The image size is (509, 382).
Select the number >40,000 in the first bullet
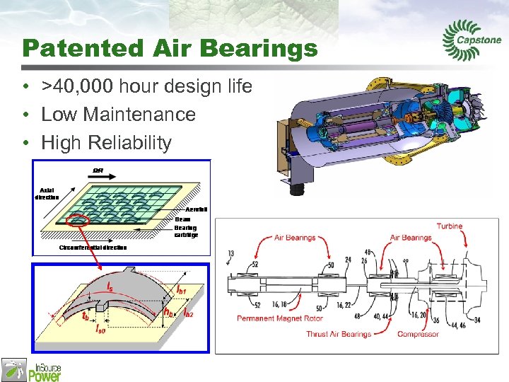pyautogui.click(x=78, y=87)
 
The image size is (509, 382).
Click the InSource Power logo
pyautogui.click(x=32, y=369)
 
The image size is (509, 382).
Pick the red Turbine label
pyautogui.click(x=449, y=226)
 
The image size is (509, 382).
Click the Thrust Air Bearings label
pyautogui.click(x=339, y=334)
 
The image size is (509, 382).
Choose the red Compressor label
pyautogui.click(x=418, y=334)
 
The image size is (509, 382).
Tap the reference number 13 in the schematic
pyautogui.click(x=230, y=253)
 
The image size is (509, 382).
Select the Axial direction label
pyautogui.click(x=47, y=193)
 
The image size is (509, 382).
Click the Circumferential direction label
pyautogui.click(x=93, y=248)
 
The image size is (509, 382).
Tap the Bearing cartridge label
pyautogui.click(x=186, y=231)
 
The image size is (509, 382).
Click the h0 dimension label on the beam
pyautogui.click(x=168, y=311)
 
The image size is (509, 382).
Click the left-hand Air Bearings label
pyautogui.click(x=295, y=238)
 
